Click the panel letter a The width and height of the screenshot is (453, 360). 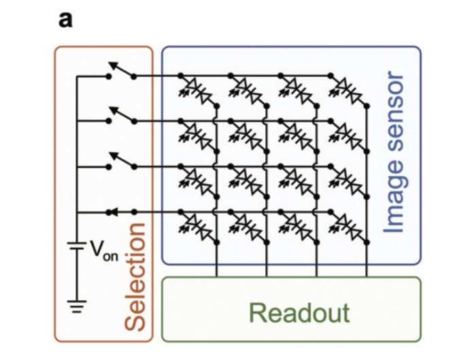click(x=65, y=20)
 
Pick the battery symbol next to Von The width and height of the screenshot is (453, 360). click(x=77, y=250)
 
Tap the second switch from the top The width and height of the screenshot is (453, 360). click(x=120, y=117)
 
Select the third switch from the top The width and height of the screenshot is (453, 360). click(x=120, y=163)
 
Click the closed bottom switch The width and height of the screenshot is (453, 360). click(x=120, y=212)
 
